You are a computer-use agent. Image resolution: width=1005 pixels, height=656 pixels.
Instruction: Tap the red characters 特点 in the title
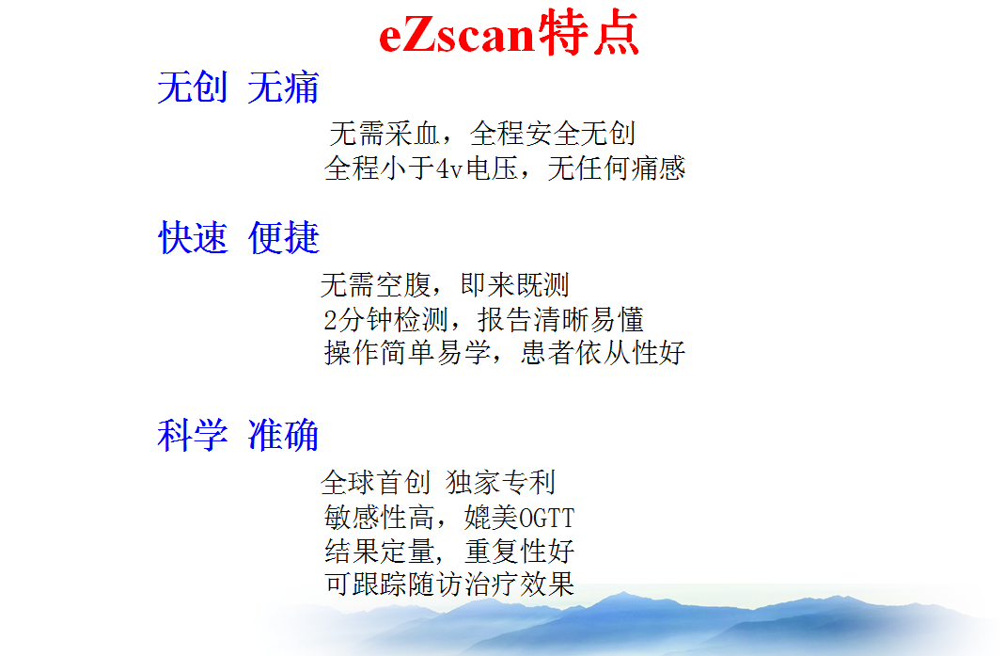[589, 33]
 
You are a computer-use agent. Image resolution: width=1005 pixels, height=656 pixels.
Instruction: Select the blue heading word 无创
[193, 88]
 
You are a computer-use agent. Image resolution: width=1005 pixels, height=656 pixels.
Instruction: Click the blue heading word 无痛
[283, 88]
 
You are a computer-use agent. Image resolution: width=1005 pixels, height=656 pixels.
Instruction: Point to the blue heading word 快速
[193, 237]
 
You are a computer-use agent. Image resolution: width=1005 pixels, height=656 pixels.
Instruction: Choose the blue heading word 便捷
[283, 237]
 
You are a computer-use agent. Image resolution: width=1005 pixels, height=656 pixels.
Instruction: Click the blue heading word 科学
[193, 435]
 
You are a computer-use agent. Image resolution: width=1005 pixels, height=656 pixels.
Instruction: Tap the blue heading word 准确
[283, 435]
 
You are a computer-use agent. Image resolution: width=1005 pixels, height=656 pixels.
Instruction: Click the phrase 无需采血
[385, 134]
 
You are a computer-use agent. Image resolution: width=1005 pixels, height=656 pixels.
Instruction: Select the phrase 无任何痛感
[617, 168]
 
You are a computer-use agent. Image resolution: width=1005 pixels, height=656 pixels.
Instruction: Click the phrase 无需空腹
[376, 285]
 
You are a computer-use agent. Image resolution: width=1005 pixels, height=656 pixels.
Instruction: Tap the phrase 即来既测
[514, 285]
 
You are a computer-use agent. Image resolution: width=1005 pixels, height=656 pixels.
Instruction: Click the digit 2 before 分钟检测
[331, 320]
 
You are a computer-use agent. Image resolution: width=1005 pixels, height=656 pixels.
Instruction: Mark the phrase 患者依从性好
[604, 352]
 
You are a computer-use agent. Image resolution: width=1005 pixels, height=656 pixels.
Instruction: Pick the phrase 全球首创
[376, 482]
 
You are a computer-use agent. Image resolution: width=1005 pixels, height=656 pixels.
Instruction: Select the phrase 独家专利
[500, 482]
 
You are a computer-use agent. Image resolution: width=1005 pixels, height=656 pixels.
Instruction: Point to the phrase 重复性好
[519, 551]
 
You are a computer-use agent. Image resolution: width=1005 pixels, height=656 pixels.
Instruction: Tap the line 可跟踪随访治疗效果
[449, 584]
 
